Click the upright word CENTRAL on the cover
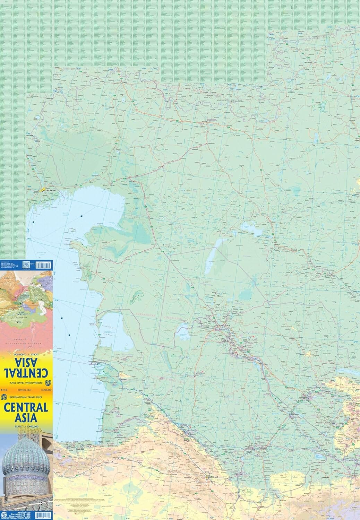tap(26, 407)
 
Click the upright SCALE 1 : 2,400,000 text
tap(26, 426)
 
